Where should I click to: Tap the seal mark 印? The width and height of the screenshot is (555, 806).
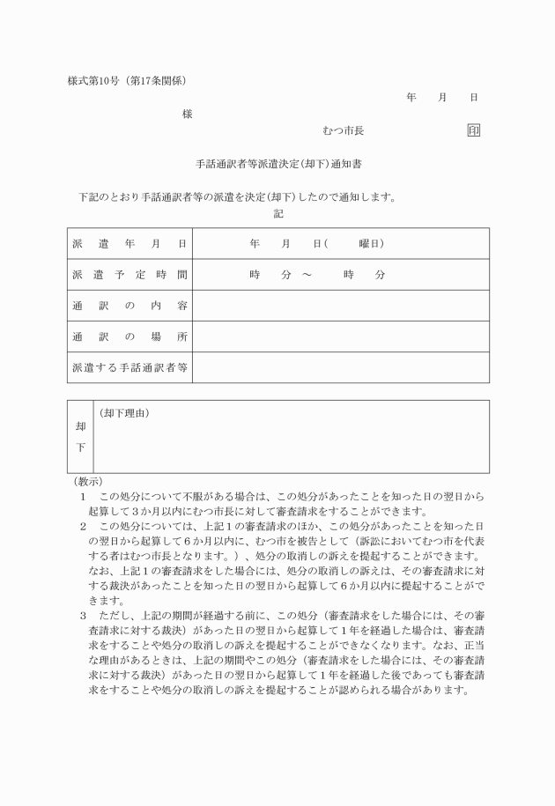[474, 130]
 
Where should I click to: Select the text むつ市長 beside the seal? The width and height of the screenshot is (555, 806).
[344, 130]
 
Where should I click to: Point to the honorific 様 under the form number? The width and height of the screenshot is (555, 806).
[187, 114]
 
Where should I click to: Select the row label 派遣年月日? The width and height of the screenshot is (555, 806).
[129, 243]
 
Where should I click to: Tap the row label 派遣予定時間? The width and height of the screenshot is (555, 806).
[129, 275]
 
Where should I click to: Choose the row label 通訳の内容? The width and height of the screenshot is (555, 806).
[129, 306]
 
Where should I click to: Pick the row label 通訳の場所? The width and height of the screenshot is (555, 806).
[129, 336]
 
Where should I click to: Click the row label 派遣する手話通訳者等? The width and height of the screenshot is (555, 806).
[129, 368]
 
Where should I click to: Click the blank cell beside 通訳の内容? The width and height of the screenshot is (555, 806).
[340, 306]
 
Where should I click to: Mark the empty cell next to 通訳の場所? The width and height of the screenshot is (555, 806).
[340, 336]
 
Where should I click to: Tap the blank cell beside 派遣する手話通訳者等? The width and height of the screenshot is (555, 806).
[340, 368]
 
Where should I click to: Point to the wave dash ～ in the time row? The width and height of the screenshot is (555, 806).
[307, 275]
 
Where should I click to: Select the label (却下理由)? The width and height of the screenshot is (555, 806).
[124, 412]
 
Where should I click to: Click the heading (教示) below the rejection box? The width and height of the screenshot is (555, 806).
[87, 482]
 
